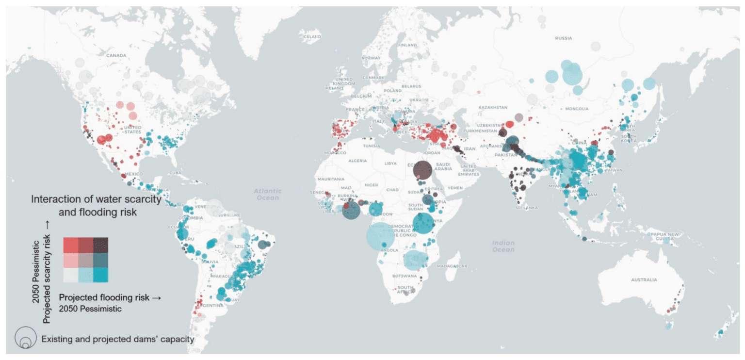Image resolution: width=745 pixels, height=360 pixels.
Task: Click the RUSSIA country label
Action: point(563,38)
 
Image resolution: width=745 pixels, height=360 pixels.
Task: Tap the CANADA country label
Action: point(116,55)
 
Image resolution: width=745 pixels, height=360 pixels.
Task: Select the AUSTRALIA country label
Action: point(645,280)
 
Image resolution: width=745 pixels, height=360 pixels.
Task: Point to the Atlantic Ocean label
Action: point(267,194)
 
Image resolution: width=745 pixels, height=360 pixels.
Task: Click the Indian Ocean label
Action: point(503,246)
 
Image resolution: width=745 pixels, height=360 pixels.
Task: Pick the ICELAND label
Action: point(310,37)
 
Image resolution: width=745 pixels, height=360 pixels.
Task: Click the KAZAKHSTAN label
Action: point(493,107)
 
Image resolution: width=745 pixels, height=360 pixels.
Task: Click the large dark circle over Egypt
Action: point(422,170)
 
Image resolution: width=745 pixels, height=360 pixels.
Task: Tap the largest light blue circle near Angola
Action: point(380,237)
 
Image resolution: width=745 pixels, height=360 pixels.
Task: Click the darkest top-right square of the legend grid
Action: point(100,245)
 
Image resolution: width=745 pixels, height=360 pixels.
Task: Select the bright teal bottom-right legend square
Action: point(100,275)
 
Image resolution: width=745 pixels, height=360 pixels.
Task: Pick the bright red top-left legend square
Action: point(71,245)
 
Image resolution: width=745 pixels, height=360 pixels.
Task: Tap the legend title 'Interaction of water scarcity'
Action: point(96,199)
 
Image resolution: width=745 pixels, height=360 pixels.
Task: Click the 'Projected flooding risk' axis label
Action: point(105,297)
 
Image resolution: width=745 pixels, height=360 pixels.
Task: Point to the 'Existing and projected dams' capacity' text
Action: point(118,339)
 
